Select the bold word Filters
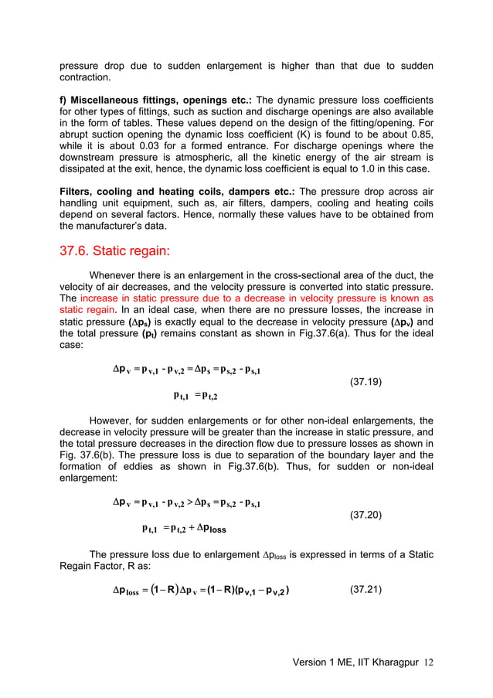78,211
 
